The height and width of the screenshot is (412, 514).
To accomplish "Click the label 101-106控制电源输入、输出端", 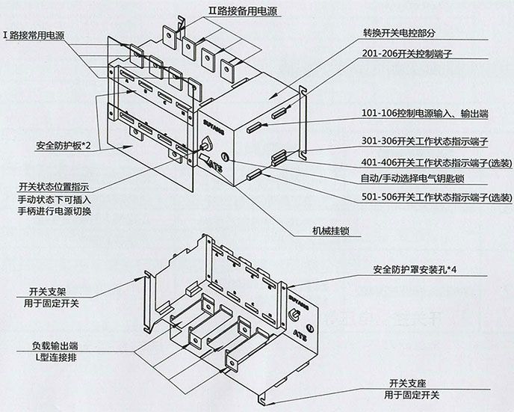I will click(425, 115).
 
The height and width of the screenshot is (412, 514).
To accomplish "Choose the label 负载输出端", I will click(55, 346).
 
